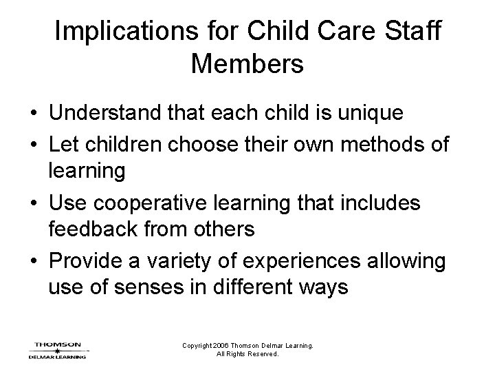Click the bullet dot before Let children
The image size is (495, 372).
(x=32, y=145)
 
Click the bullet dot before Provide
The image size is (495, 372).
(x=32, y=261)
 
